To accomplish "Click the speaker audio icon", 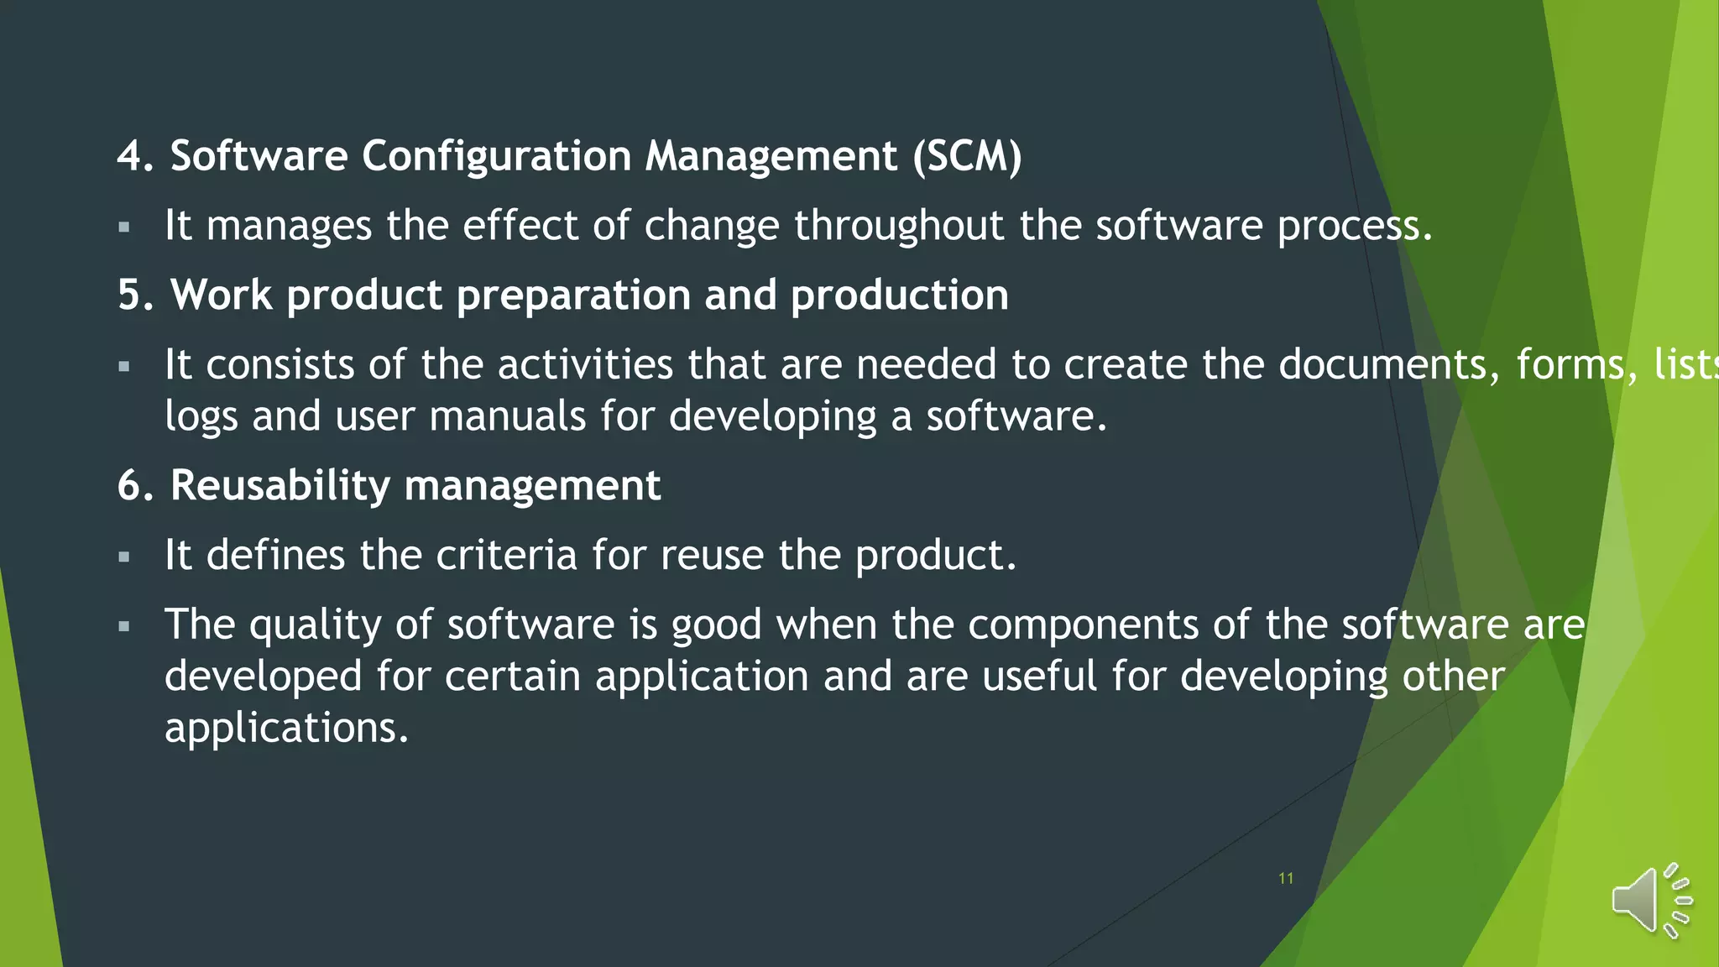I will point(1650,901).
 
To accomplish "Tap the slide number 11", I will point(1285,878).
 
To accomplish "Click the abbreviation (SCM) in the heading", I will point(967,156).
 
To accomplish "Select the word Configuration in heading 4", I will point(496,156).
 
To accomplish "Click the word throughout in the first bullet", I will point(899,226).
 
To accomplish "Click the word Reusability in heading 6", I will point(280,485).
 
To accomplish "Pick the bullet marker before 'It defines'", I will point(124,557).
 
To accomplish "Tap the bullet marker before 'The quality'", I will point(124,626).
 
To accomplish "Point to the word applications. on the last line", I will point(286,728).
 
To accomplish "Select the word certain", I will point(512,677).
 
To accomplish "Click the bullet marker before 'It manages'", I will point(124,227).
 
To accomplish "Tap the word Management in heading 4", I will point(771,156).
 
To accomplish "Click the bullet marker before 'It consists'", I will point(124,366).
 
